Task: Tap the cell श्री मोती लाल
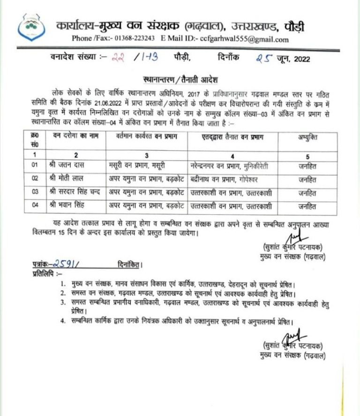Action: click(x=68, y=179)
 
